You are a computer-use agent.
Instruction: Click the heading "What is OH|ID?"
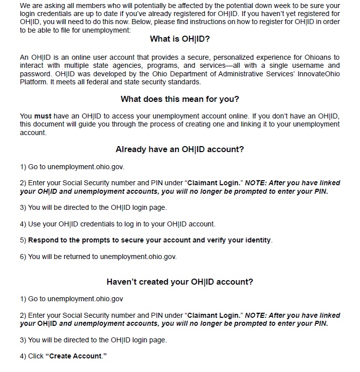click(179, 39)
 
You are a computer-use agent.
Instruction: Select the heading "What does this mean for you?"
click(179, 99)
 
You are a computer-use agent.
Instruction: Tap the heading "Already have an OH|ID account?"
click(179, 149)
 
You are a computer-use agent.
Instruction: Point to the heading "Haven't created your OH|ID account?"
click(179, 282)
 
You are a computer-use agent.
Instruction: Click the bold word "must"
click(43, 116)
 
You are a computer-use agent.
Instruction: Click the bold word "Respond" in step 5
click(43, 240)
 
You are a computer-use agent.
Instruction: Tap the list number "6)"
click(23, 257)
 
